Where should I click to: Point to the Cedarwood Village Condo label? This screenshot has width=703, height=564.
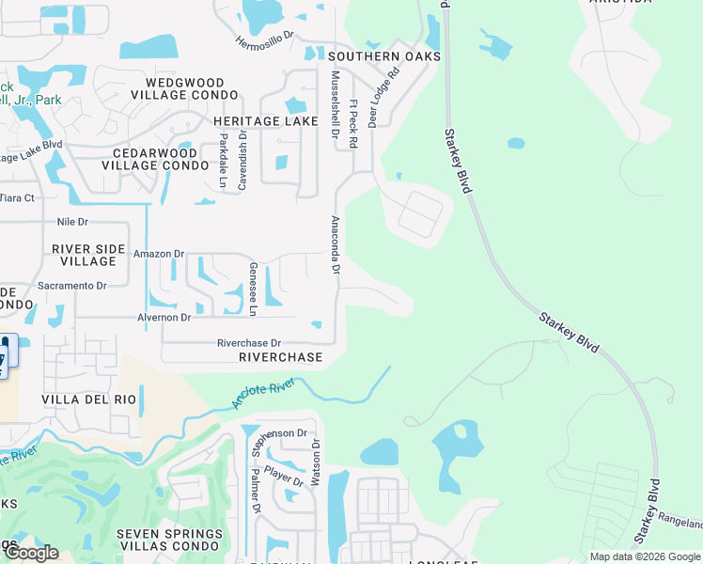coord(159,159)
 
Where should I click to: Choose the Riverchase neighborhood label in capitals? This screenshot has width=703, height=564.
coord(280,357)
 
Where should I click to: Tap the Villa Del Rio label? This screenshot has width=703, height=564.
coord(89,399)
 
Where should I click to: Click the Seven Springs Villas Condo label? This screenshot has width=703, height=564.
coord(169,540)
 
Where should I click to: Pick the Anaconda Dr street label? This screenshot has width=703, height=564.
coord(334,245)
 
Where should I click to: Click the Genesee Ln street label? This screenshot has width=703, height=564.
coord(254,289)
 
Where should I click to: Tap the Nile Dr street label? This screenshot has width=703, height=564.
coord(72,222)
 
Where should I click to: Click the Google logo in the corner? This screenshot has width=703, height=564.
coord(31,554)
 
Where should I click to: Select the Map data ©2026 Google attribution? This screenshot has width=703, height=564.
coord(644,556)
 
